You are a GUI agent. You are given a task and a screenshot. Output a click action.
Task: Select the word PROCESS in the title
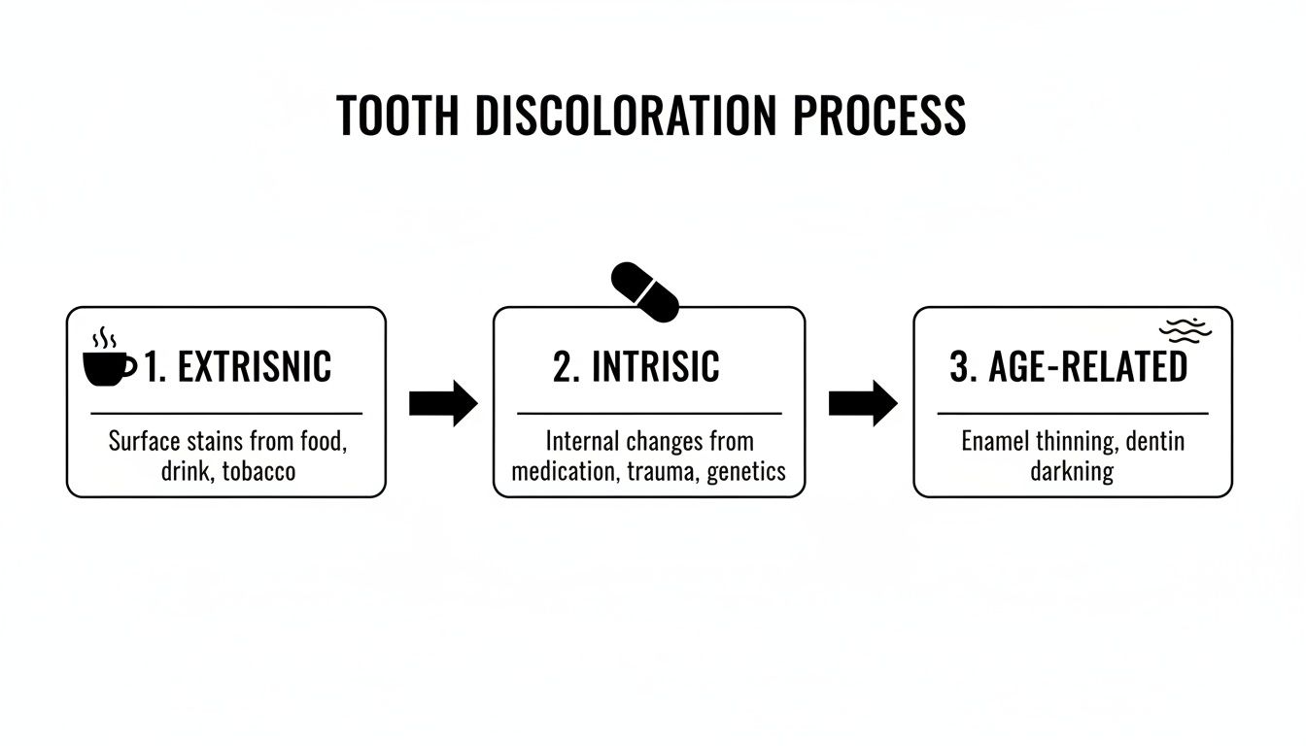tap(880, 116)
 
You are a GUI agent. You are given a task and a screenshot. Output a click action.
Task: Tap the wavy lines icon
tap(1186, 331)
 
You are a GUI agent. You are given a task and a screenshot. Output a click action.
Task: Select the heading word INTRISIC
tap(655, 367)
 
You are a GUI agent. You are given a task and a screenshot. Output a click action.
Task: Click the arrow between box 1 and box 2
tap(443, 403)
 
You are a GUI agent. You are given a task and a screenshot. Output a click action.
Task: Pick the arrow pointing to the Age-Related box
tap(863, 403)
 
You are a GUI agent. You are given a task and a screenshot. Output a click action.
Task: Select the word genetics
tap(746, 472)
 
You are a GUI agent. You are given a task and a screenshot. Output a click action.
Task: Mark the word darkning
tap(1072, 472)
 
